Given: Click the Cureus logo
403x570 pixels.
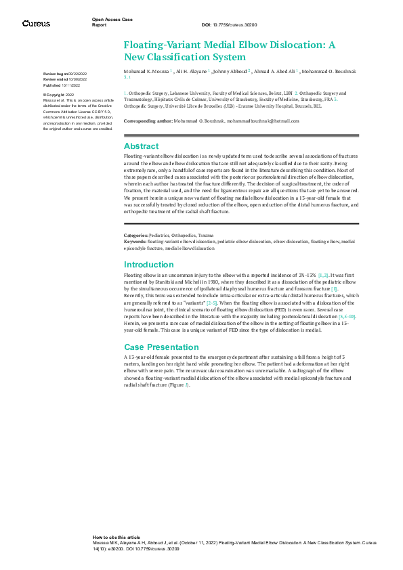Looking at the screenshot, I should (x=36, y=24).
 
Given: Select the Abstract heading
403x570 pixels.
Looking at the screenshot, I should (x=142, y=146).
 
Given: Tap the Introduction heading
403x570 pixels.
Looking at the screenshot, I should (x=149, y=265).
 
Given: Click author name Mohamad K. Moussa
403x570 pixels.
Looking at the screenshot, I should (x=146, y=70).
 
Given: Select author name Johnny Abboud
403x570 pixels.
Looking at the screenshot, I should (x=230, y=70).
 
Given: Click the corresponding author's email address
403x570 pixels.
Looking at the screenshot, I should (x=261, y=120).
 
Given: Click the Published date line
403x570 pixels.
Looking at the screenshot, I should (x=62, y=86).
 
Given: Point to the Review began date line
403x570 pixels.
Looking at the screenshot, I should (x=65, y=72).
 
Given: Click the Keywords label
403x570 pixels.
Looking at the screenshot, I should (x=135, y=241).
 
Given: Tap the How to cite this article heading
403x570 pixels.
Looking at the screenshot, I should (x=116, y=536).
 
